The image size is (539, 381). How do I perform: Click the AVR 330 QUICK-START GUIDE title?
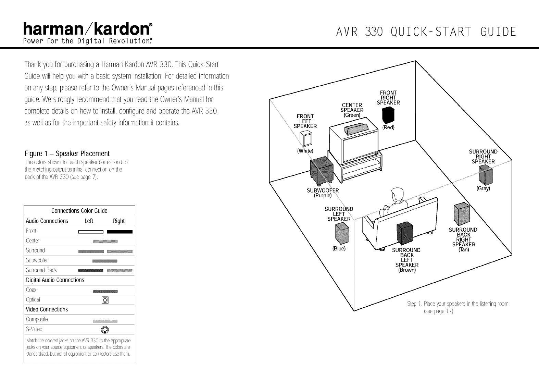[x=426, y=32]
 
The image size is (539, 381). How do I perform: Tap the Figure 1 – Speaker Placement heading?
[x=67, y=153]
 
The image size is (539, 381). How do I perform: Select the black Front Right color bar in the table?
[x=120, y=232]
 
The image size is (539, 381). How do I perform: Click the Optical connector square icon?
[x=105, y=300]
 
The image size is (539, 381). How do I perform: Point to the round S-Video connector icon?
[x=105, y=330]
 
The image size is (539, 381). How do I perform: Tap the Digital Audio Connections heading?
[x=55, y=280]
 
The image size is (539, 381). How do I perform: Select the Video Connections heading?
[x=47, y=309]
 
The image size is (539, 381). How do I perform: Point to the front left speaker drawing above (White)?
[x=306, y=139]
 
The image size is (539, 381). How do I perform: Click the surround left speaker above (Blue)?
[x=342, y=232]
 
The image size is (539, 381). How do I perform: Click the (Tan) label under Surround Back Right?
[x=463, y=249]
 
